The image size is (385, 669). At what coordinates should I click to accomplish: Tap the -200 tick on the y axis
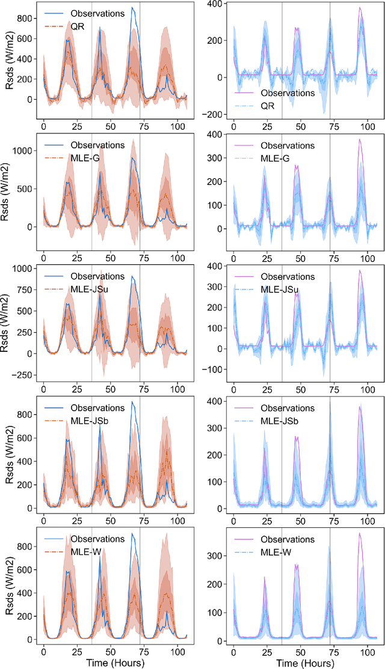pyautogui.click(x=218, y=114)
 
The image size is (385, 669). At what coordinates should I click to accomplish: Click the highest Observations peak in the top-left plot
pyautogui.click(x=132, y=8)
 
